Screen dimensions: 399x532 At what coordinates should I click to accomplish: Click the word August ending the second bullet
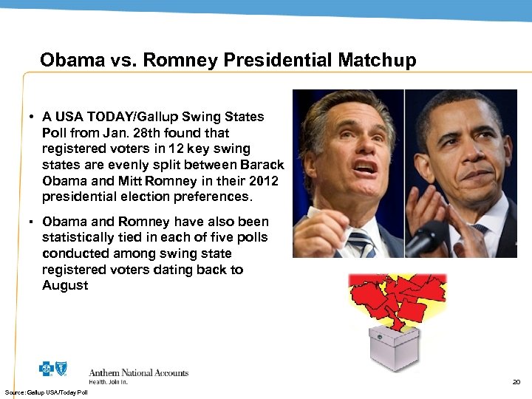(x=65, y=285)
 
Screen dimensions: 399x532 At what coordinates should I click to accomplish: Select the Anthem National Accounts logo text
(x=138, y=373)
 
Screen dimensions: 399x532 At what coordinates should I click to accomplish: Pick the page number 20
(x=516, y=382)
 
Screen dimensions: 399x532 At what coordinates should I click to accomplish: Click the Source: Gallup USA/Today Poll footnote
(x=46, y=392)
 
